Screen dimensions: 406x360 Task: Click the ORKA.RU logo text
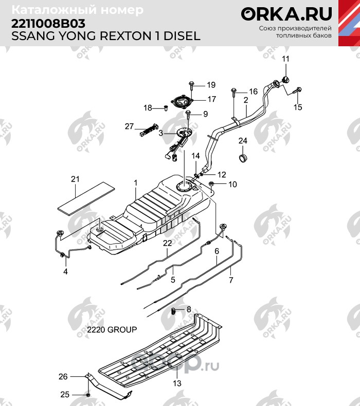287,14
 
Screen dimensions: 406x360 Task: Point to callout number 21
76,179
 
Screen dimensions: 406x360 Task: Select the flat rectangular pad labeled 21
85,196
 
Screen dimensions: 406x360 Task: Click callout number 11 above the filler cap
286,58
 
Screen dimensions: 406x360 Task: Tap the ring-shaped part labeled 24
243,155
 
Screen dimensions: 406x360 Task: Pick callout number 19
211,85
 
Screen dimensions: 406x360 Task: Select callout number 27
129,126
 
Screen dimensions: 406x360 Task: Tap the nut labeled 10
211,184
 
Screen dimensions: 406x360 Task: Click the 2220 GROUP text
112,330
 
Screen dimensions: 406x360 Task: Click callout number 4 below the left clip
65,271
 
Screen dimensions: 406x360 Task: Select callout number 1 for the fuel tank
136,182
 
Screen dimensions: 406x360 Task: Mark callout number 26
63,377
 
